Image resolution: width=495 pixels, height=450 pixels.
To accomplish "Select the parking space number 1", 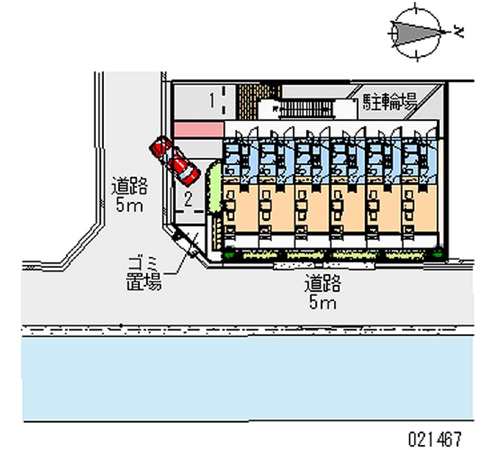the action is pos(212,98).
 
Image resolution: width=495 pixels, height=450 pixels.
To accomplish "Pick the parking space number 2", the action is pos(189,199).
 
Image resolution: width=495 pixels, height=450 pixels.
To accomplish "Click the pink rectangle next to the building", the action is pos(198,129).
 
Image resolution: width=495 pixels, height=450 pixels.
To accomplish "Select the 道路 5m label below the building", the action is pos(322,293).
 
